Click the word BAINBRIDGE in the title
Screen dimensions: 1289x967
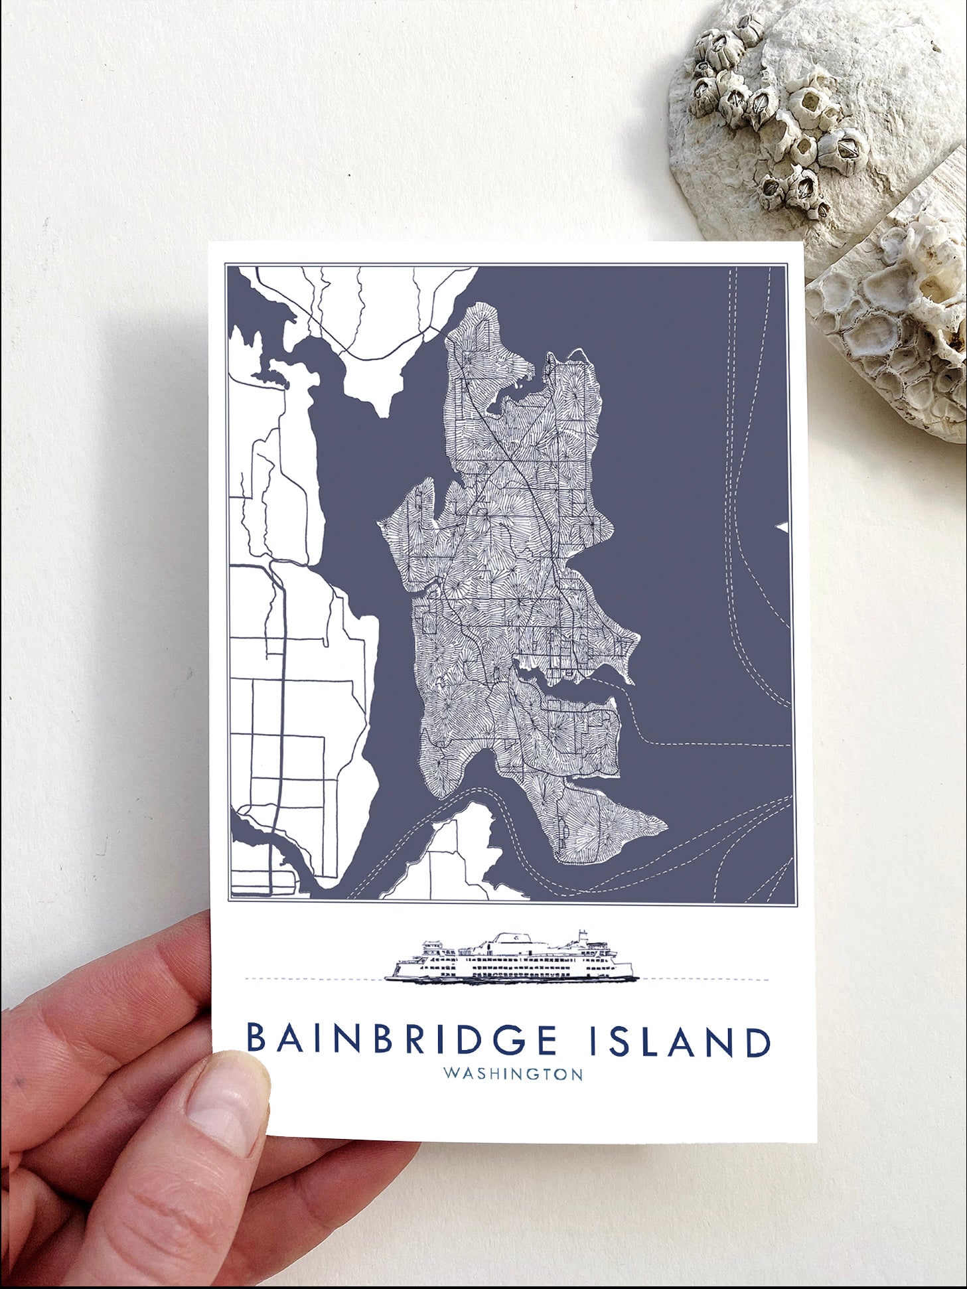pyautogui.click(x=402, y=1040)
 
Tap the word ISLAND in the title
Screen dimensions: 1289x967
pyautogui.click(x=680, y=1041)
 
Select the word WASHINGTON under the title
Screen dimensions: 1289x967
pyautogui.click(x=512, y=1074)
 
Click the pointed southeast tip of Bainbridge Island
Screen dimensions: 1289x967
pyautogui.click(x=664, y=825)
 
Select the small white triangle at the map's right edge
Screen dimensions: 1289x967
pyautogui.click(x=783, y=527)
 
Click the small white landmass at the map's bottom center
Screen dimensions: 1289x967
pyautogui.click(x=458, y=856)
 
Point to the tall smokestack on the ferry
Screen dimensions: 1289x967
pyautogui.click(x=582, y=937)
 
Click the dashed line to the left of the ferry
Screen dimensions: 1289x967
pyautogui.click(x=312, y=978)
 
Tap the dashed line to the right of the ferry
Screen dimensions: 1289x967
pyautogui.click(x=704, y=979)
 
